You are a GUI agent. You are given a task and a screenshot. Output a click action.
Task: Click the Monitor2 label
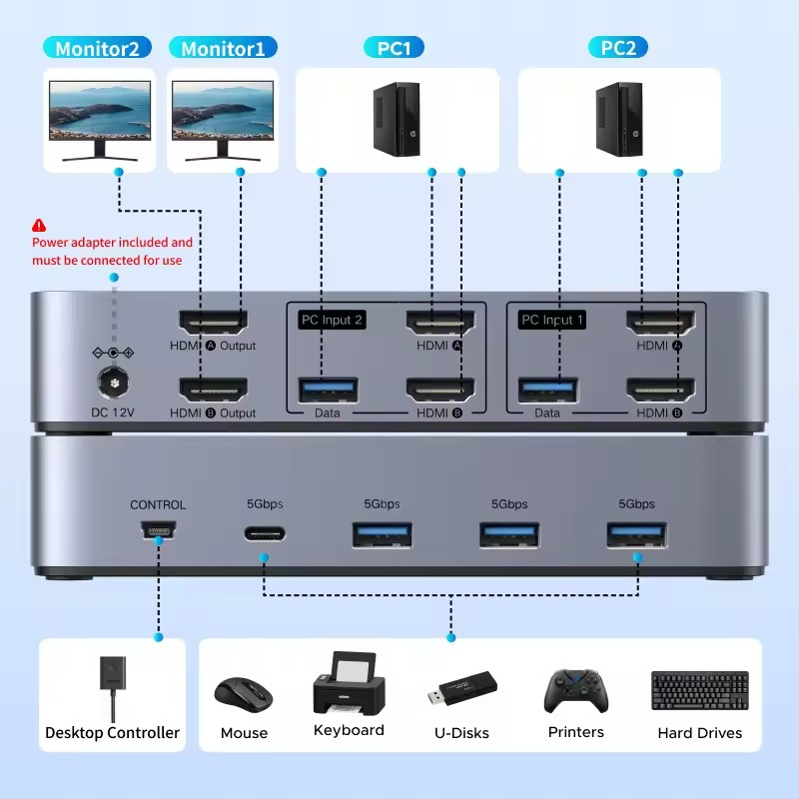tap(97, 48)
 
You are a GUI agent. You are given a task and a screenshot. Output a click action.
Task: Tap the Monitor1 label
tap(223, 48)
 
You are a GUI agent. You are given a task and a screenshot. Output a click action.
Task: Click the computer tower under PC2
tap(618, 119)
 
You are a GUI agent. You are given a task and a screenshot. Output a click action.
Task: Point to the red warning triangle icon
tap(39, 226)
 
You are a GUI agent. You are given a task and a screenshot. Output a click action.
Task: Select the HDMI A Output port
tap(212, 323)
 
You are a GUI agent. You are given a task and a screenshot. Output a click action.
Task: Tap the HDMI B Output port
tap(212, 389)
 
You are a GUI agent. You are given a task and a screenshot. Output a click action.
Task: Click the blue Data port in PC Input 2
tap(328, 388)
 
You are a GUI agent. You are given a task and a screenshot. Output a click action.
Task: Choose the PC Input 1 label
tap(551, 321)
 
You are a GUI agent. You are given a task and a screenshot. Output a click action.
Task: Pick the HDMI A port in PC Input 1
tap(659, 323)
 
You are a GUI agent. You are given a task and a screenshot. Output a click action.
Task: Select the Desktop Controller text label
tap(112, 733)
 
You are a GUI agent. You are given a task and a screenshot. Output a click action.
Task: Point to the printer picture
tap(349, 684)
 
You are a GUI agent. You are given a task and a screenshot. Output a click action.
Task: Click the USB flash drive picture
tap(462, 688)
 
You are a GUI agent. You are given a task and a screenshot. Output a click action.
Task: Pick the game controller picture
tap(576, 690)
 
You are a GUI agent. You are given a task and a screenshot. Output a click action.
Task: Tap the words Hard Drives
tap(699, 733)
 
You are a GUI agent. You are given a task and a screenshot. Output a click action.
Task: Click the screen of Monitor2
tap(100, 110)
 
